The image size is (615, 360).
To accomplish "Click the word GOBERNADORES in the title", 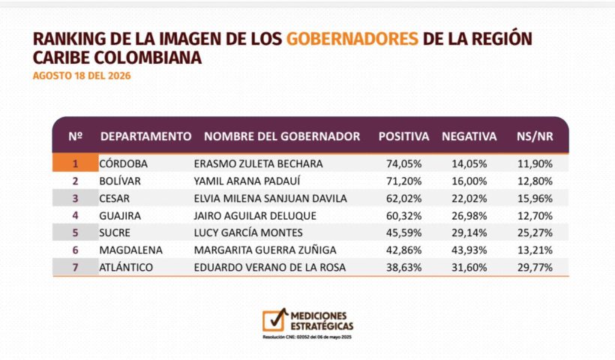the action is point(352,39).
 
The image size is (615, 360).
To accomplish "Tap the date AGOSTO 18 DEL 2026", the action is point(82,76).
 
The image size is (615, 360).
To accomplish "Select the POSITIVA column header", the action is point(403,136).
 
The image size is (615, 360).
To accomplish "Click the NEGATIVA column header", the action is point(469,136).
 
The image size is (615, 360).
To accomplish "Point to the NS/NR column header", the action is point(535,136).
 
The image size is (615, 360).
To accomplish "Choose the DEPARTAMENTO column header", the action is point(146,136).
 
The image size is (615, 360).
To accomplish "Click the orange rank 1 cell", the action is point(75,163).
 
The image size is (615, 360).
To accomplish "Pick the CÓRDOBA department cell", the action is point(123,163).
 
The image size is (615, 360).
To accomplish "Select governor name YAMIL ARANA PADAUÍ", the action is point(247,181).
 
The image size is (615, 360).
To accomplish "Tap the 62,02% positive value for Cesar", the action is point(404,199).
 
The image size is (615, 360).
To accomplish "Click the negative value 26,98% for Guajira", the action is point(469,216).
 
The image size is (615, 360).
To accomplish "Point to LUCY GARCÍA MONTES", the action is point(248,233).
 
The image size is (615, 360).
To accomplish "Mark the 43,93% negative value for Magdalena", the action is point(469,250).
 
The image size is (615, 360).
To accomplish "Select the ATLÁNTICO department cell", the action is point(126,268).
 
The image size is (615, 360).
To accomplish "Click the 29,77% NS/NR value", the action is point(535,268).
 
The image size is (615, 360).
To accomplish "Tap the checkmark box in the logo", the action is point(274,320).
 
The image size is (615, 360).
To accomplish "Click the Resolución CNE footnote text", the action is point(307,337).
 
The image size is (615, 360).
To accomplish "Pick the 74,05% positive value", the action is point(404,164).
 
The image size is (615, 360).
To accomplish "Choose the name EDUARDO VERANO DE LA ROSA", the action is point(270,268).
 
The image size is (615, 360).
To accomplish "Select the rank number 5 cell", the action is point(75,233).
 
